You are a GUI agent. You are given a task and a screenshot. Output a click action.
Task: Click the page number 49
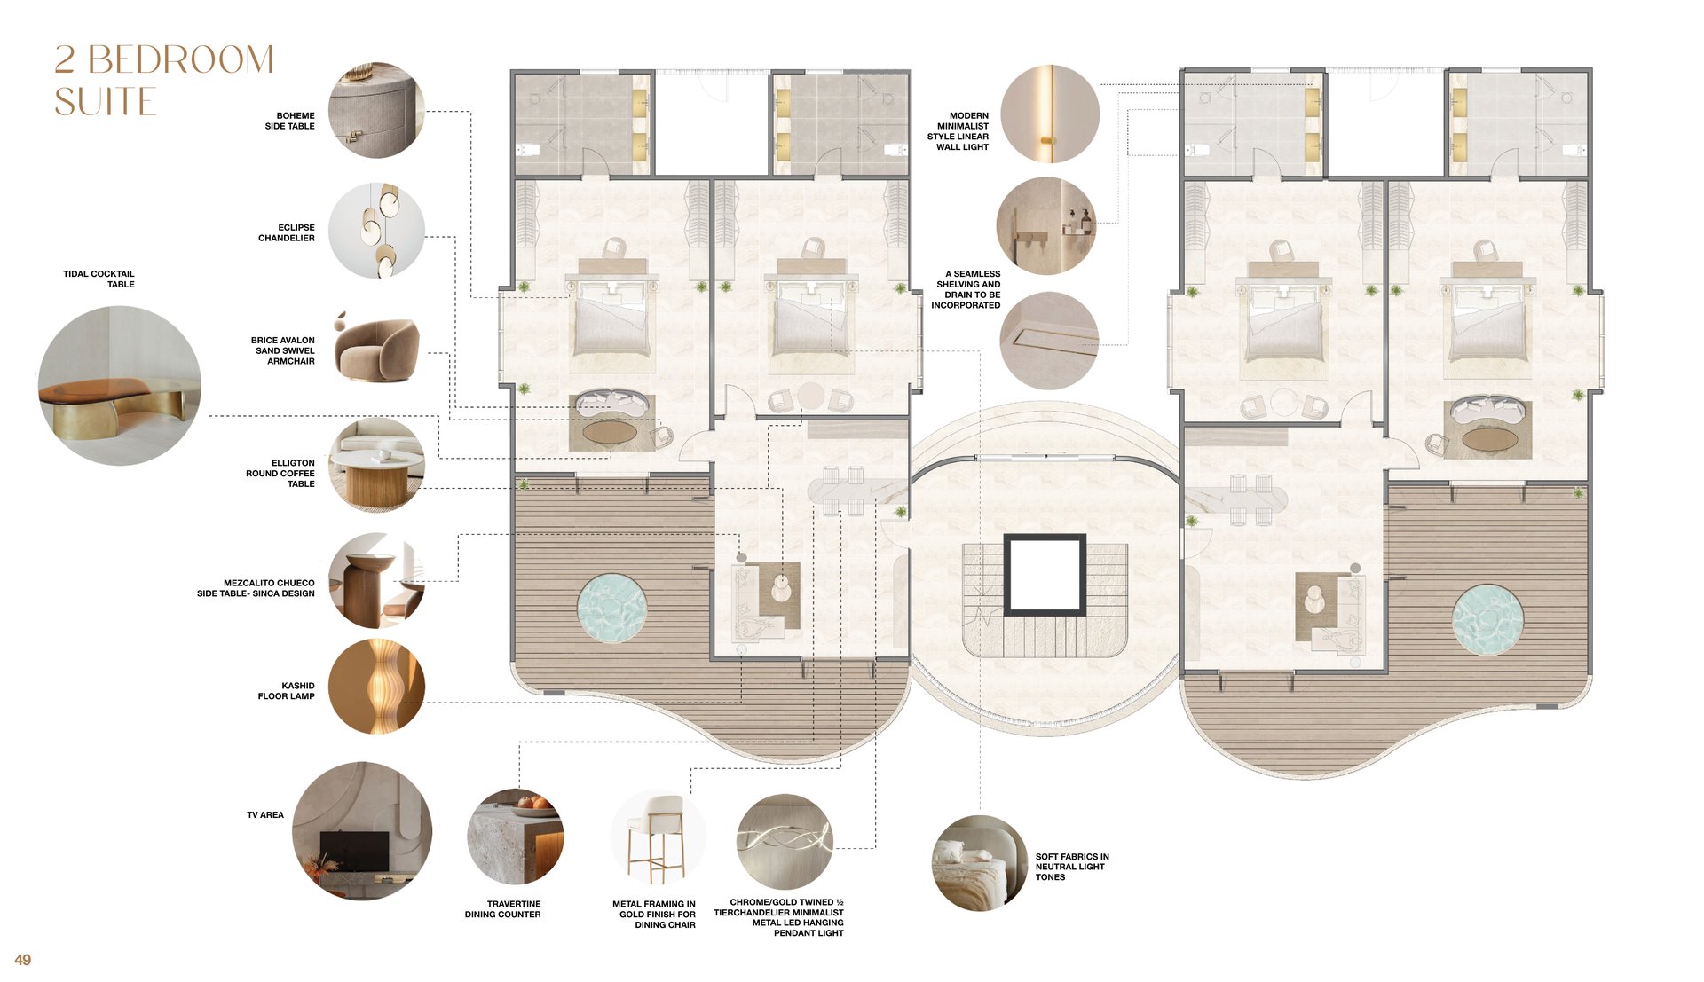pos(23,960)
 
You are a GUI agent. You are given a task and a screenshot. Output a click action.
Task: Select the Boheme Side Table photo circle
pos(376,110)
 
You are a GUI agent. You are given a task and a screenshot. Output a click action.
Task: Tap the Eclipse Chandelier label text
pos(287,232)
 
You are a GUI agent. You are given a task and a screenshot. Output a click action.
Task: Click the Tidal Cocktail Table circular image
pos(120,386)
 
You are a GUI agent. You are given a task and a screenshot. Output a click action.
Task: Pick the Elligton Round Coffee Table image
pos(376,465)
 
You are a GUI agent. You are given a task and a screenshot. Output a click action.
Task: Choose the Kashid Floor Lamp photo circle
pos(376,687)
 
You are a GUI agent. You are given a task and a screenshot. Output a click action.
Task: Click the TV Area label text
pos(265,815)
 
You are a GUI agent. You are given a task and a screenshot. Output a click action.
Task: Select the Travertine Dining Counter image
pos(515,837)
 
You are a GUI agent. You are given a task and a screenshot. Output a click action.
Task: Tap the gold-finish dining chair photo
pos(659,837)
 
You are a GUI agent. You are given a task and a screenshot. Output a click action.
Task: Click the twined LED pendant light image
pos(785,842)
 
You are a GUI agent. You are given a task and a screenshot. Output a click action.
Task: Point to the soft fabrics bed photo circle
pos(980,863)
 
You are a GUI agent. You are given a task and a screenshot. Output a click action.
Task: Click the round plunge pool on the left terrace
pos(612,609)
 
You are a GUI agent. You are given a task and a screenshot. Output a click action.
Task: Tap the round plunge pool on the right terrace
pos(1488,619)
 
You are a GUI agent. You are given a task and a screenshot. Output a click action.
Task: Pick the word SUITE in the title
pos(106,102)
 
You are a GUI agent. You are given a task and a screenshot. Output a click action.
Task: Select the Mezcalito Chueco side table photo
pos(376,581)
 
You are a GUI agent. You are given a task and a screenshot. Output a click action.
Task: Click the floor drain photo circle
pos(1050,341)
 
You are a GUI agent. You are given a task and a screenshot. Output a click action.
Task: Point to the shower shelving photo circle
pos(1046,225)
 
